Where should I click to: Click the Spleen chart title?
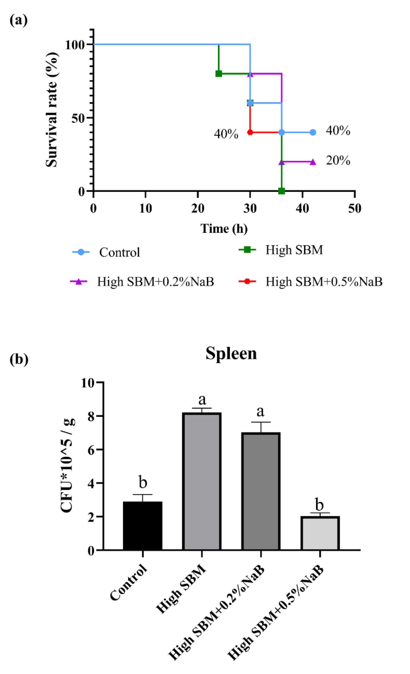coord(231,353)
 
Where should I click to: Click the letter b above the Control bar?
coord(143,483)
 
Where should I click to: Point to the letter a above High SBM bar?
coord(202,400)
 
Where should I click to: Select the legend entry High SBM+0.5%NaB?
coord(324,282)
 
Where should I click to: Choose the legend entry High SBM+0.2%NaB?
coord(155,282)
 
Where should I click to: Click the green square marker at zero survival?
coord(281,191)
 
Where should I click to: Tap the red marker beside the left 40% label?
coord(250,132)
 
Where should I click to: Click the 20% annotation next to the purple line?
coord(338,161)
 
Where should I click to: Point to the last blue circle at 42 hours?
coord(313,132)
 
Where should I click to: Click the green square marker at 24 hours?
coord(219,74)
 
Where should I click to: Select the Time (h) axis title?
coord(224,229)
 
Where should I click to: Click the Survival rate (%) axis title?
coord(52,110)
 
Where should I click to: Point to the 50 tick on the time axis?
coord(354,209)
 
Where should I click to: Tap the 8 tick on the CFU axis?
coord(91,417)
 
